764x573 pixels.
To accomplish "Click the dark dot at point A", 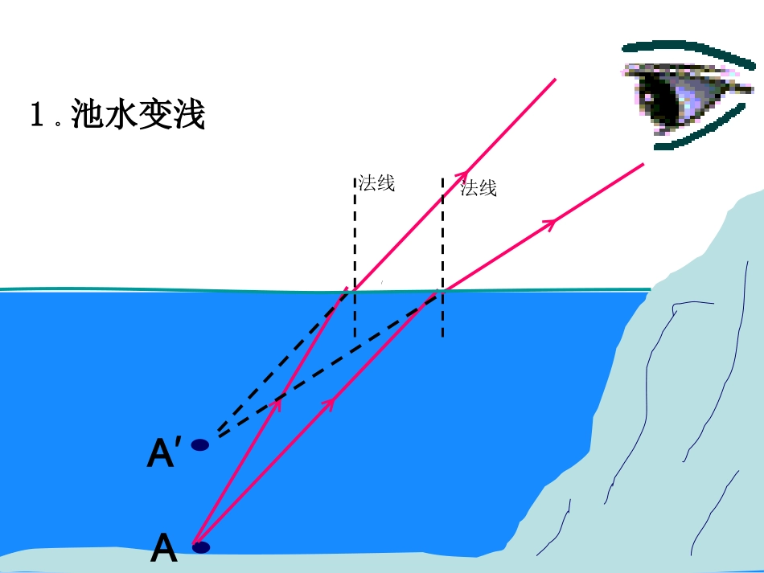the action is point(201,547).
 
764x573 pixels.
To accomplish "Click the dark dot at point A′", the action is point(199,444).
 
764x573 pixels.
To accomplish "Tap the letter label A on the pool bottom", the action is point(164,549).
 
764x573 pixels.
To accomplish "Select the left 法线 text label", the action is point(376,183).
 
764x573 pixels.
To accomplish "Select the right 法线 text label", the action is point(479,189).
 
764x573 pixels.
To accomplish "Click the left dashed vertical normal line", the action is point(355,241).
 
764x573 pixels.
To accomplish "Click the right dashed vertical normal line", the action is point(442,241).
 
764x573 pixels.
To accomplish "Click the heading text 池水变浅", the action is point(138,115).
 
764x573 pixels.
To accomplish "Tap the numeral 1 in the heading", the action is point(36,116).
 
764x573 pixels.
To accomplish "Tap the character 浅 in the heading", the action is point(189,115).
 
